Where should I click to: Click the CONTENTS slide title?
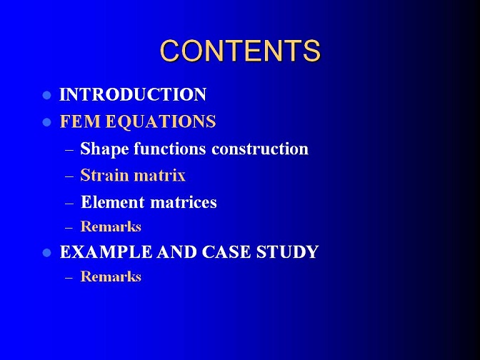240,51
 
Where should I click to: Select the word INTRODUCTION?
133,94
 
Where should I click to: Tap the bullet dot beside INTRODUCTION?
46,95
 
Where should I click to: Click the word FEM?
80,121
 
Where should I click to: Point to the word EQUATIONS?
161,122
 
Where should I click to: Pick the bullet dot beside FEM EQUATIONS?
46,122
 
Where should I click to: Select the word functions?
169,149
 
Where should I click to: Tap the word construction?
260,149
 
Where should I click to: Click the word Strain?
104,176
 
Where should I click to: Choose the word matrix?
159,176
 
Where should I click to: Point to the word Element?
113,202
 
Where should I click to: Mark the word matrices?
184,202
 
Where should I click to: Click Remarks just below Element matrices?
111,226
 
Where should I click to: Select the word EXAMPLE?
106,252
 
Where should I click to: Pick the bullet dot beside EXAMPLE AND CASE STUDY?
46,253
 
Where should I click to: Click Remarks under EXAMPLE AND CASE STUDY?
111,276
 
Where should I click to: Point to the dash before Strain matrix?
69,176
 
